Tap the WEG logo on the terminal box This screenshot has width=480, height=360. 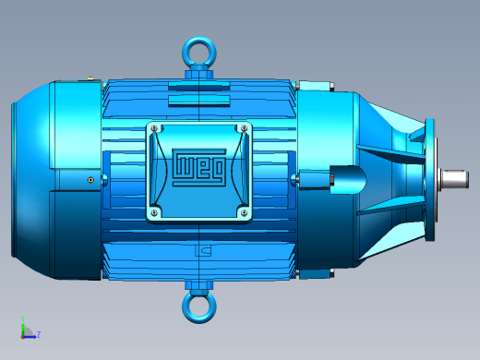[199, 167]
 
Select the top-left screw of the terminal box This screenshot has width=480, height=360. [155, 128]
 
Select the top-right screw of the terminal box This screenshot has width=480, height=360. [244, 128]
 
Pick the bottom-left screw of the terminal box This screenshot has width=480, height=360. [155, 212]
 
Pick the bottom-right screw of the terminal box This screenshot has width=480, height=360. [244, 212]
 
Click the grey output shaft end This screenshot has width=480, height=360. [455, 179]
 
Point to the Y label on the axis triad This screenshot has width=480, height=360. [23, 318]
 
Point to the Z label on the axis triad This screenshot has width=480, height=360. [39, 334]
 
